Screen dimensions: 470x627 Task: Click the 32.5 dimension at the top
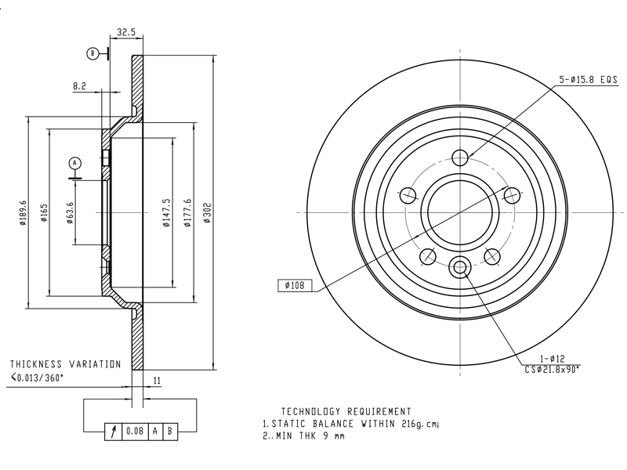coord(126,32)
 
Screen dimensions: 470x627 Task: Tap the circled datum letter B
coord(92,53)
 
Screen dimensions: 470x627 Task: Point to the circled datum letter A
coord(75,162)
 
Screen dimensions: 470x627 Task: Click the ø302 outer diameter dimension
coord(208,212)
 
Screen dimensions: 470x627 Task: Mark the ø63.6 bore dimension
coord(70,213)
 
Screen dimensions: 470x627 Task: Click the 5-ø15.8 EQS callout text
coord(589,79)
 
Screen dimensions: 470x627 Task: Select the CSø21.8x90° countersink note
coord(553,369)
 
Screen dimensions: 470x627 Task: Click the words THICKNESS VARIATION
coord(65,364)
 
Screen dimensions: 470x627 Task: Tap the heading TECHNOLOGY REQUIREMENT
coord(346,411)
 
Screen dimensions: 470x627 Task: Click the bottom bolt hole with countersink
coord(459,267)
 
